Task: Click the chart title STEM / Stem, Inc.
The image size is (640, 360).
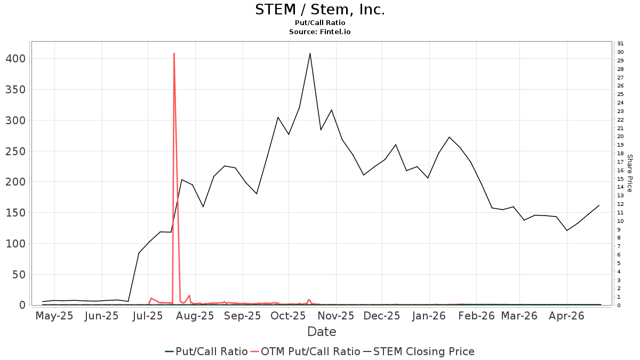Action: (x=320, y=10)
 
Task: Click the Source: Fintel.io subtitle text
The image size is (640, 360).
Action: (x=320, y=32)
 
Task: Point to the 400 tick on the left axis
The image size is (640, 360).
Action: (x=15, y=58)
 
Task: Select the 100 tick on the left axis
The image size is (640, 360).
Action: (x=15, y=244)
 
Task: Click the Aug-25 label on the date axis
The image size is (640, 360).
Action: (x=195, y=316)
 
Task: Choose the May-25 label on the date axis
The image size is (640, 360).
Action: (x=54, y=316)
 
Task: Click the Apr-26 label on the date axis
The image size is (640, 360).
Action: (x=567, y=316)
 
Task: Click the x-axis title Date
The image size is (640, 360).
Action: (x=322, y=332)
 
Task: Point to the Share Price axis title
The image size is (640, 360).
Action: (x=629, y=173)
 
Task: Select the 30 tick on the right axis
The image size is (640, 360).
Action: (x=620, y=52)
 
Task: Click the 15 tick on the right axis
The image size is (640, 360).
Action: (x=620, y=179)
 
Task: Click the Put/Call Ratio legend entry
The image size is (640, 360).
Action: (x=206, y=351)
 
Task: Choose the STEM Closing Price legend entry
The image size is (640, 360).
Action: (x=419, y=351)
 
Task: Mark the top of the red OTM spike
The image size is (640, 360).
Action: (x=174, y=53)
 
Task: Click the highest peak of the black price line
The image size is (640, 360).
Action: (x=310, y=53)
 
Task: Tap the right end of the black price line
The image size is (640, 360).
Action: (x=599, y=205)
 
